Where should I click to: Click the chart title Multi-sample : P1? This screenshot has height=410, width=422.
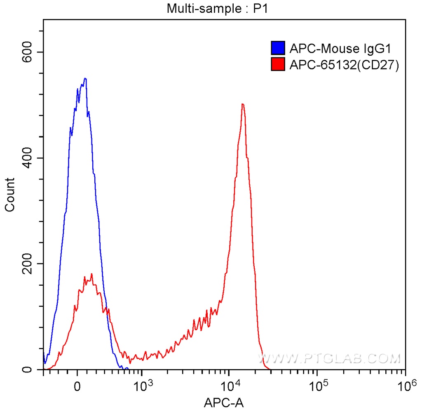click(217, 9)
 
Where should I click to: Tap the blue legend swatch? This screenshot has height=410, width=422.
click(278, 49)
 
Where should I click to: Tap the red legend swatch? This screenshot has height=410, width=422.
click(278, 64)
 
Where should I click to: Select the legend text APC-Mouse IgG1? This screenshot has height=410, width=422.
click(340, 49)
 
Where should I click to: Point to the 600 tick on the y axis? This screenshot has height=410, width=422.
click(28, 52)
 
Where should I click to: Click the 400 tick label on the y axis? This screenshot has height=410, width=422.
click(28, 158)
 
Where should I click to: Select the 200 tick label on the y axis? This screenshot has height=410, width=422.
click(28, 264)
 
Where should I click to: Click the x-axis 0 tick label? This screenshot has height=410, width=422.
click(77, 388)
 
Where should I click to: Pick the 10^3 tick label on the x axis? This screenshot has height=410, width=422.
click(142, 386)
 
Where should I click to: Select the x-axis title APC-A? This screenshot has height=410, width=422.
click(224, 402)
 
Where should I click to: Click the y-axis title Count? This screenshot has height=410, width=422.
click(9, 194)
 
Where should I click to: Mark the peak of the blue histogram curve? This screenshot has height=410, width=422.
click(85, 78)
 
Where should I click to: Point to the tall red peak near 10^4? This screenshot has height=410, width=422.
click(243, 104)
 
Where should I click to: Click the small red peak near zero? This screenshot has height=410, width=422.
click(91, 274)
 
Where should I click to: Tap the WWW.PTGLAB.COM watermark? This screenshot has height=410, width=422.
click(330, 358)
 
